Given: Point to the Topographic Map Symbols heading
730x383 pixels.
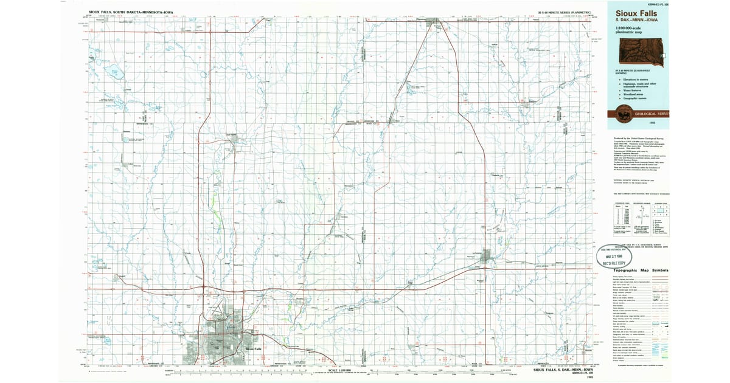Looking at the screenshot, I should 641,270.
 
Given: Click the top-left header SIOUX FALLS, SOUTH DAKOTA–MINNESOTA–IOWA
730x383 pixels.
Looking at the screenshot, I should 130,12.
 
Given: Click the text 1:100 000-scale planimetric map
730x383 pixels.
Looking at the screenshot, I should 630,30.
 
